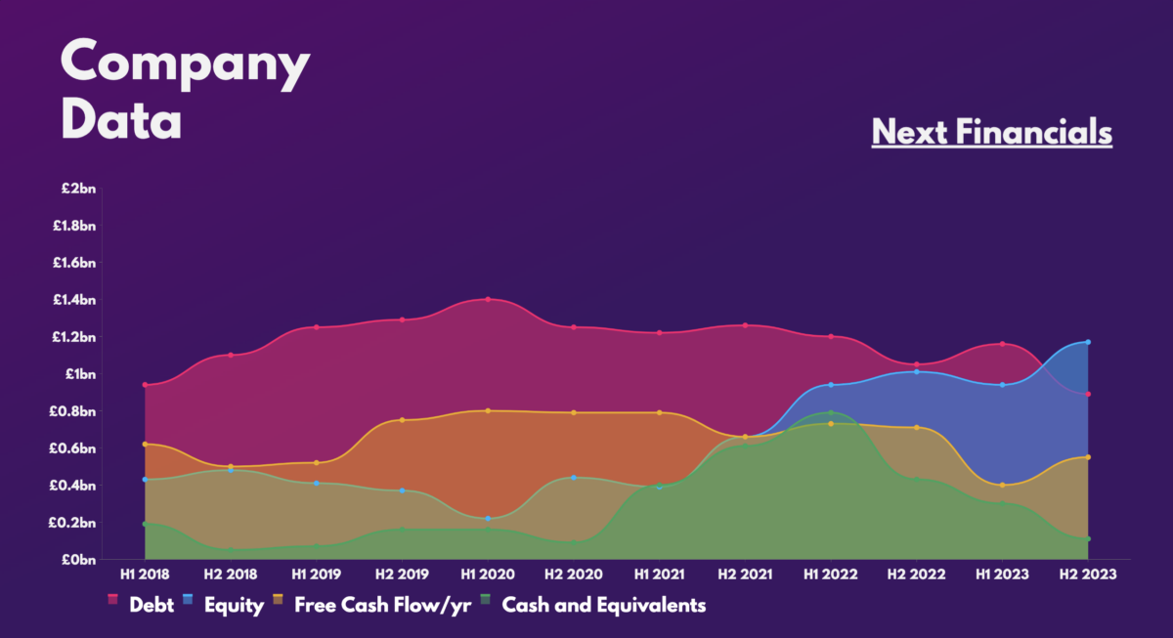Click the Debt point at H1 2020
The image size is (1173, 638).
tap(487, 299)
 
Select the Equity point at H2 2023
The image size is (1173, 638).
tap(1088, 342)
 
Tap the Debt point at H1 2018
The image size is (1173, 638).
tap(145, 385)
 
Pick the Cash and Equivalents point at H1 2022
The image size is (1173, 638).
tap(831, 412)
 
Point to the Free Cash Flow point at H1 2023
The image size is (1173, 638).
tap(1002, 485)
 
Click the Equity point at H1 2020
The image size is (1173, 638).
tap(487, 518)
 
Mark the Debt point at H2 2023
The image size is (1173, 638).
tap(1088, 394)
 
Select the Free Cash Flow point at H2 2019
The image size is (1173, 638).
tap(402, 420)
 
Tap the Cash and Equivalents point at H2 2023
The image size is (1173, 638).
tap(1088, 538)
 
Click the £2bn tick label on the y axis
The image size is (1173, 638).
tap(74, 189)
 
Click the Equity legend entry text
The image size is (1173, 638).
tap(233, 605)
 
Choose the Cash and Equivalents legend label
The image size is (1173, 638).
tap(603, 605)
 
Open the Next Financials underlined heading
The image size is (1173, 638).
tap(991, 131)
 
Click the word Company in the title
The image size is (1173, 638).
tap(185, 64)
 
